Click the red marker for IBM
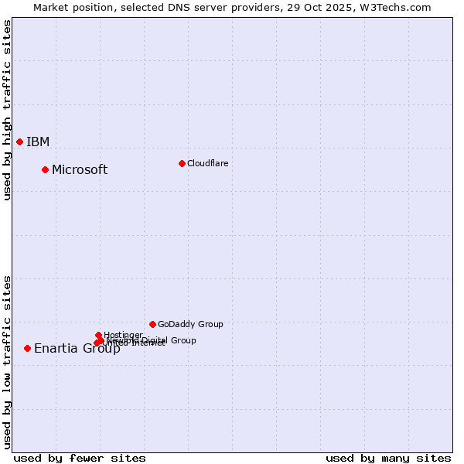coord(19,142)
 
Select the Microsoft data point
coord(45,169)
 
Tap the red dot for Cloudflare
coord(182,163)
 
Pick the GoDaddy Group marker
coord(152,324)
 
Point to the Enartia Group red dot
coord(27,348)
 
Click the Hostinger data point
coord(98,335)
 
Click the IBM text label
coord(38,142)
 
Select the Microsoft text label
coord(80,169)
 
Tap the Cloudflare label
coord(207,163)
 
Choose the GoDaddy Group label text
coord(190,324)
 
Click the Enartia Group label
coord(77,348)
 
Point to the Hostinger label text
coord(123,335)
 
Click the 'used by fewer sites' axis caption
coord(80,458)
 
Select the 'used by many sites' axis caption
coord(388,458)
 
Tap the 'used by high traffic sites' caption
coord(7,110)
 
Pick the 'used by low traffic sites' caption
coord(7,361)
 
